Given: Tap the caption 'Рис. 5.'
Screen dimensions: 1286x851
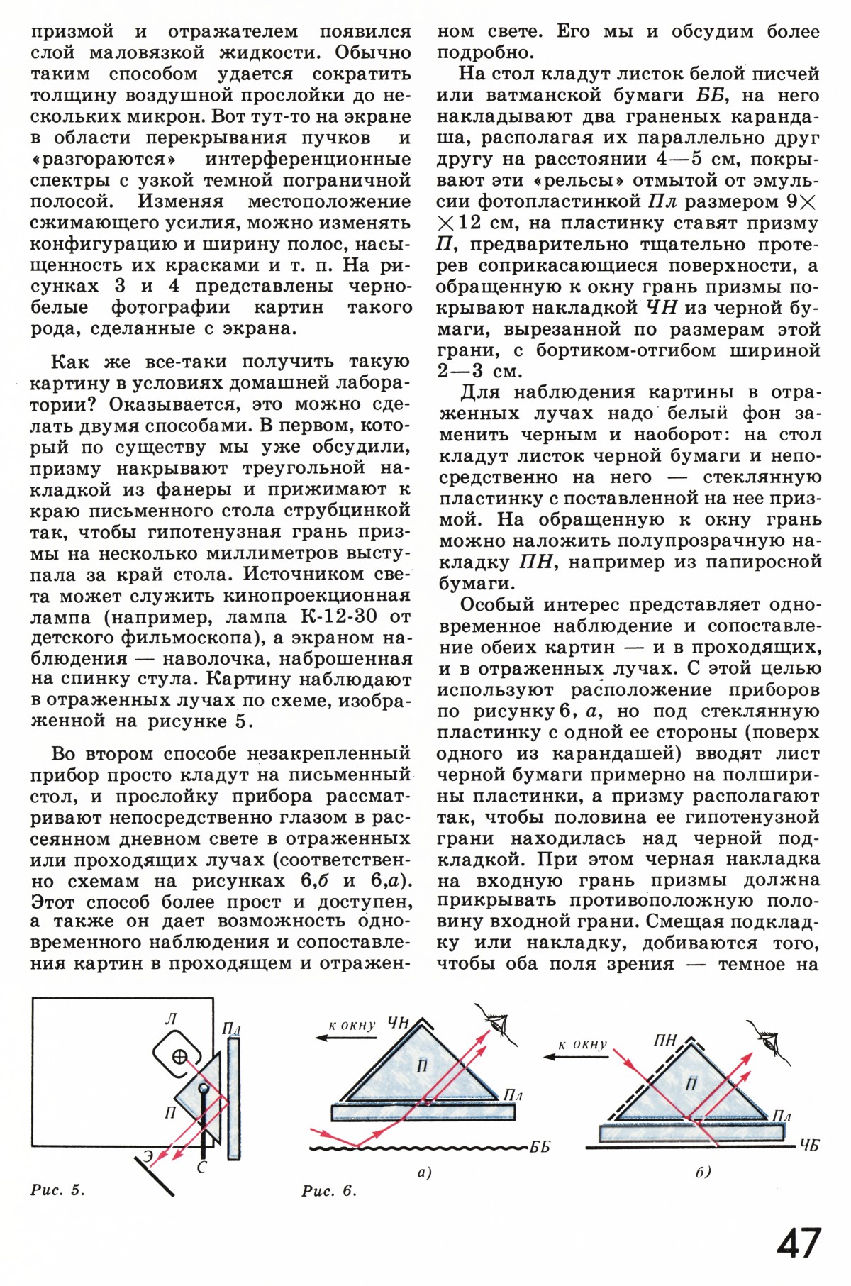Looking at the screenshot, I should tap(57, 1190).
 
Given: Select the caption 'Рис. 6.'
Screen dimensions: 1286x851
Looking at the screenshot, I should tap(329, 1191).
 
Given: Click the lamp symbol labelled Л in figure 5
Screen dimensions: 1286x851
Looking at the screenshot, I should tap(180, 1056).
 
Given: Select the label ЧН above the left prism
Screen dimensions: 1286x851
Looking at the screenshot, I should tap(398, 1023).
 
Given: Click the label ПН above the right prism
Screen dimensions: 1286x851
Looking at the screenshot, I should tap(665, 1041).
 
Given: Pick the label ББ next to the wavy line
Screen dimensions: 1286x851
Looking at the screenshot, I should tap(540, 1147).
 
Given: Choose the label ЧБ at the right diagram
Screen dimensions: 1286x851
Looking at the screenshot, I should tap(808, 1144).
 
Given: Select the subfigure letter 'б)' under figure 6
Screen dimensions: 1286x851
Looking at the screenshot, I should tap(702, 1173).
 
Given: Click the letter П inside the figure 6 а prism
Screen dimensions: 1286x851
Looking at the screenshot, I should tap(422, 1065).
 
